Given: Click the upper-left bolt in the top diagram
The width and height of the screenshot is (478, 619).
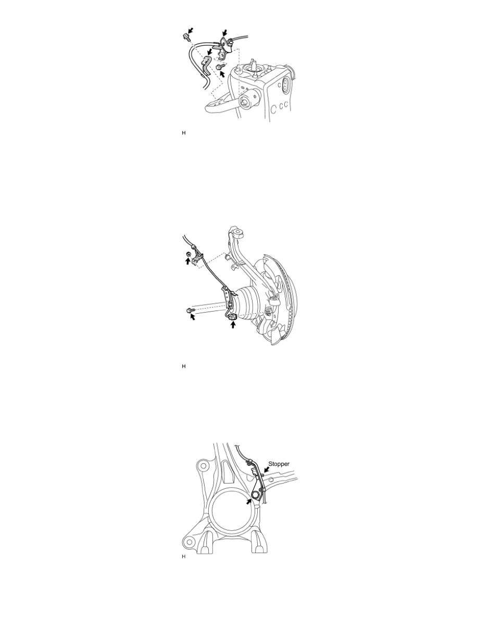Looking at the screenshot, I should pyautogui.click(x=185, y=36).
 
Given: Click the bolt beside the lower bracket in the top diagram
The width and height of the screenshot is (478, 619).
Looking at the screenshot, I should pyautogui.click(x=219, y=67).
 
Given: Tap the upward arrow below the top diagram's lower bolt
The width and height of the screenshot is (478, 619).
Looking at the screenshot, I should pyautogui.click(x=224, y=75).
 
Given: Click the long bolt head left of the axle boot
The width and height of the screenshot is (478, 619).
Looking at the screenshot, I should pyautogui.click(x=188, y=311).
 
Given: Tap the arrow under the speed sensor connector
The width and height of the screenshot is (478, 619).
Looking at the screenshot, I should pyautogui.click(x=233, y=326).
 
